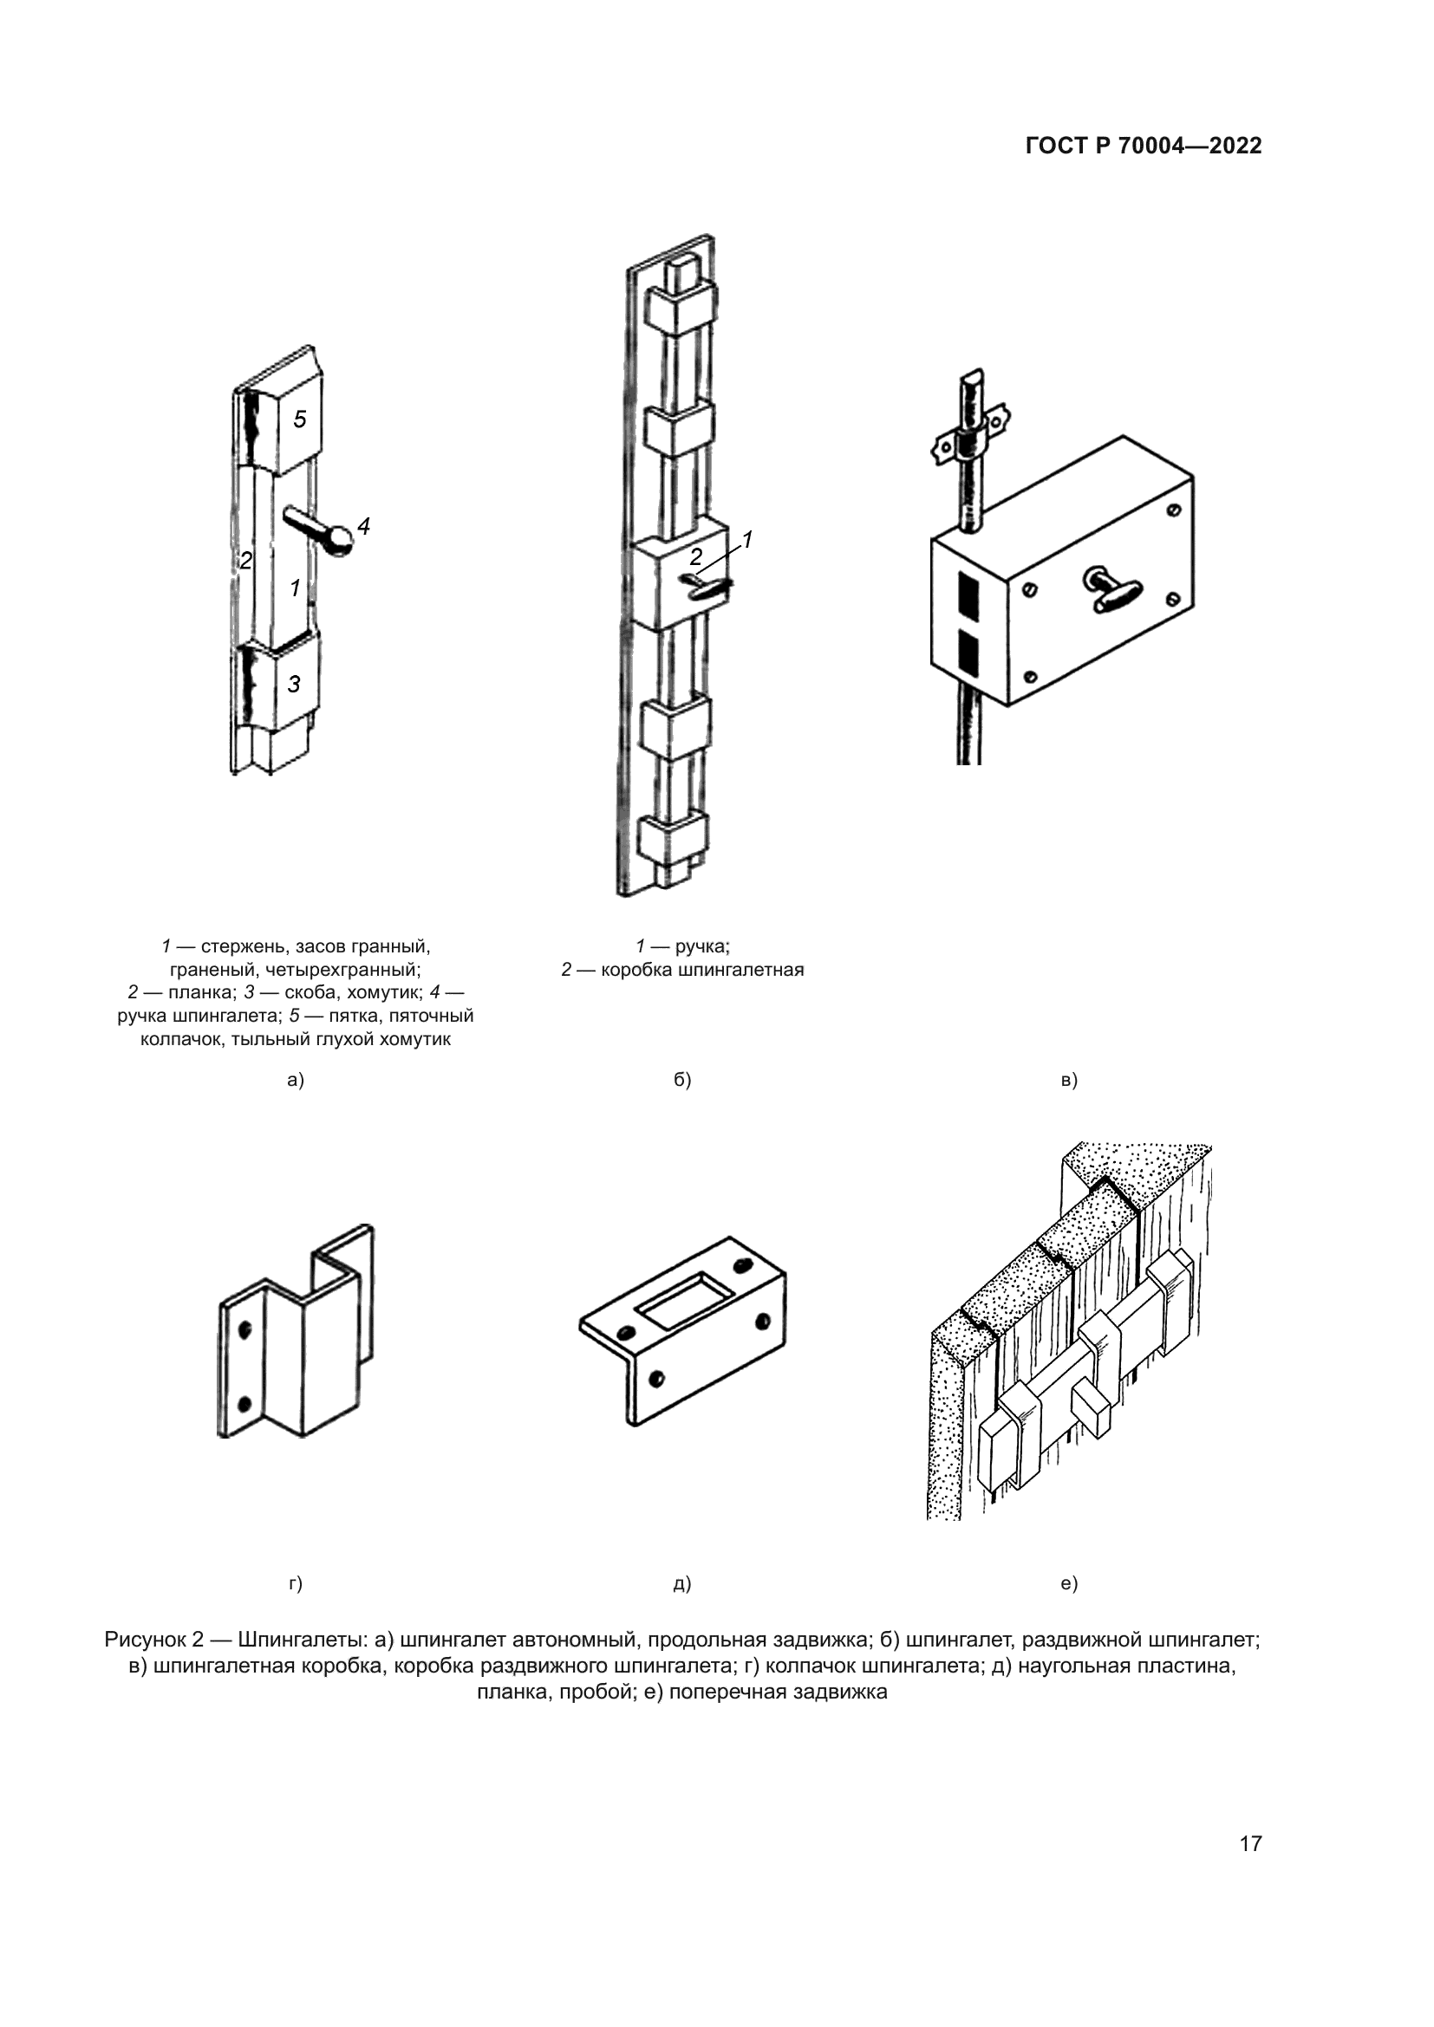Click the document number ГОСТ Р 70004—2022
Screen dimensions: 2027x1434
[1144, 146]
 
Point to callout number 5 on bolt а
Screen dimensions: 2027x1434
[300, 419]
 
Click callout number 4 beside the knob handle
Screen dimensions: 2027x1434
[363, 527]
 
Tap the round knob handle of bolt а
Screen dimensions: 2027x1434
[338, 541]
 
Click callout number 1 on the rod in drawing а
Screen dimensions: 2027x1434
[295, 587]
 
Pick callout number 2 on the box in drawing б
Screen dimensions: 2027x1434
[696, 557]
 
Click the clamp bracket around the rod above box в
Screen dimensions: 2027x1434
[970, 441]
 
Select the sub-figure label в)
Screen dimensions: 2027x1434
[1069, 1080]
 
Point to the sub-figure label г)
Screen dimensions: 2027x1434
[296, 1584]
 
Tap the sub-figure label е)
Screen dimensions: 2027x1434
[1069, 1584]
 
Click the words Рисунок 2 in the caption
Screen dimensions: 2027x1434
[153, 1640]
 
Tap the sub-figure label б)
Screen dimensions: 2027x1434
[681, 1080]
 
